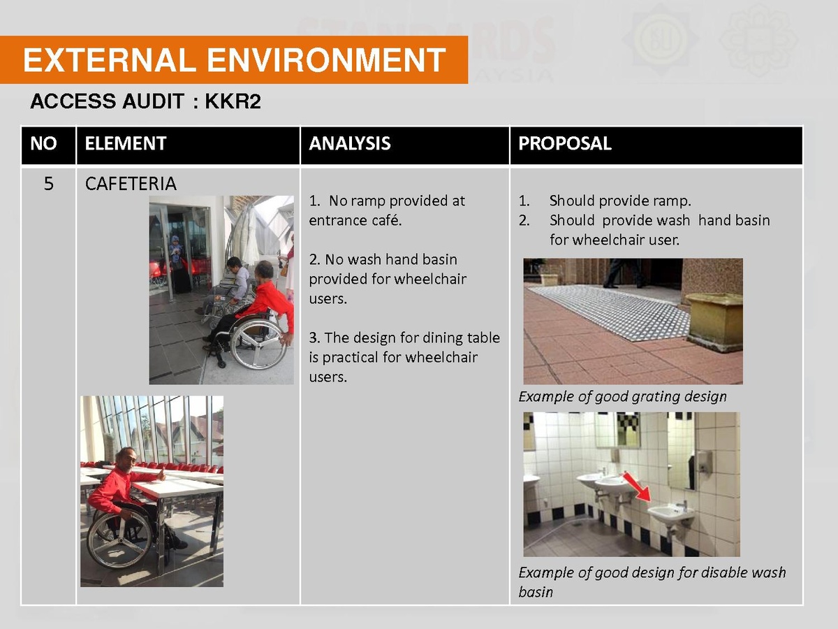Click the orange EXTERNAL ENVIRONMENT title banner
click(x=234, y=59)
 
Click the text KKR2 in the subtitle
click(x=233, y=101)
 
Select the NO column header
click(x=43, y=143)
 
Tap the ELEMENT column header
click(x=125, y=143)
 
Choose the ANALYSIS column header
click(x=350, y=143)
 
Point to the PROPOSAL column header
click(x=565, y=143)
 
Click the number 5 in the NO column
click(x=48, y=184)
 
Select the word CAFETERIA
click(x=131, y=184)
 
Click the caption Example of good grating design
click(x=622, y=397)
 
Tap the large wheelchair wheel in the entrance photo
click(x=258, y=343)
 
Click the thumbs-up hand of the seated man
click(x=162, y=475)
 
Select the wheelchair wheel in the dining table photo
click(x=117, y=541)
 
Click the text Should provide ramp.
click(x=620, y=201)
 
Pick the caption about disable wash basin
click(x=652, y=582)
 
